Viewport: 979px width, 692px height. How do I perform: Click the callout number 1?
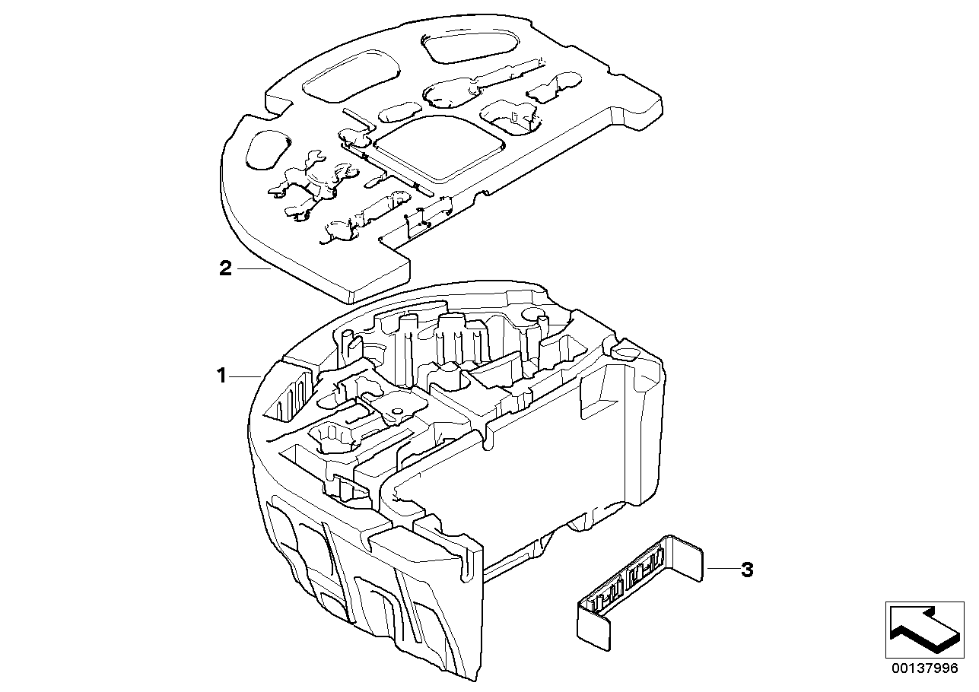click(x=221, y=376)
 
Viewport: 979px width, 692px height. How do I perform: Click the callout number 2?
click(x=224, y=268)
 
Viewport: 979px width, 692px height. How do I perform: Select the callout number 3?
click(x=747, y=570)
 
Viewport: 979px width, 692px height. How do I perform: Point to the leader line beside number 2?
click(x=253, y=268)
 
